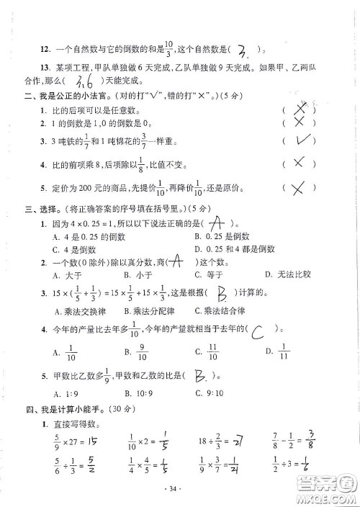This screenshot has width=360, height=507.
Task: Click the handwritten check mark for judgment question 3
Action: [x=302, y=140]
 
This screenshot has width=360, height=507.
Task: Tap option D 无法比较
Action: [x=287, y=275]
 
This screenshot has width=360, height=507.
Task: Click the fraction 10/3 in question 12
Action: [x=170, y=48]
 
